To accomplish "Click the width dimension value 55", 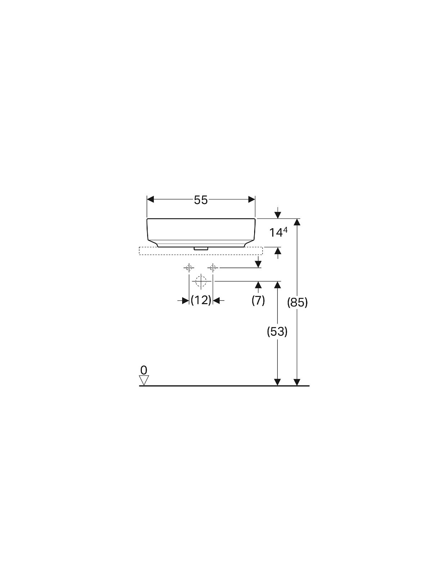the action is [201, 200].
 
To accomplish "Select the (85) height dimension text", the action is [297, 302].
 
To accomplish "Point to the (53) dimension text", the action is [277, 332].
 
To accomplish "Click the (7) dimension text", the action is [258, 300].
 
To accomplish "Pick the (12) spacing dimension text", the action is [201, 300].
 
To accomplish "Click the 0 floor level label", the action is [144, 370].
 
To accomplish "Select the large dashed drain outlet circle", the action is [201, 281].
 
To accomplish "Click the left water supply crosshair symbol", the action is [189, 268].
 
